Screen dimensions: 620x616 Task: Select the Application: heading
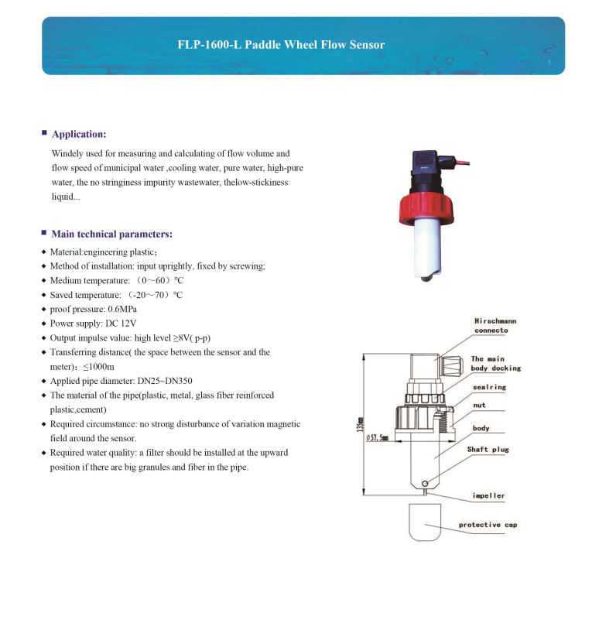(x=78, y=134)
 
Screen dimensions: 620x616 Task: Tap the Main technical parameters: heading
(x=111, y=234)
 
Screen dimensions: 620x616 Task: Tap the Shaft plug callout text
(x=488, y=449)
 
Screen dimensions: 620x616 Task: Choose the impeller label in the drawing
(x=488, y=495)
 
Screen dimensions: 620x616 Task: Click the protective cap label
(x=488, y=525)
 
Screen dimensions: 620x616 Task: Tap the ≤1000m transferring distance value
(x=99, y=366)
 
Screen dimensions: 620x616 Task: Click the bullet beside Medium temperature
(x=44, y=280)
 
